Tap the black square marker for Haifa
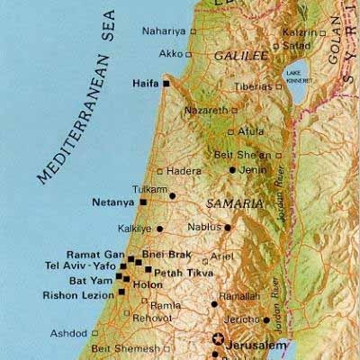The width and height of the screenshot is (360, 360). [x=166, y=83]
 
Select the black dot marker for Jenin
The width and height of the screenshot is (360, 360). [x=232, y=169]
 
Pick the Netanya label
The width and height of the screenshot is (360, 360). [x=112, y=203]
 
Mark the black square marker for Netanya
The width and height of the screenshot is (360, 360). [x=142, y=203]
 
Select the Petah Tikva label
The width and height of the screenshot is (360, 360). [x=175, y=270]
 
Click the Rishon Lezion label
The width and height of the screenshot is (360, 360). [x=77, y=295]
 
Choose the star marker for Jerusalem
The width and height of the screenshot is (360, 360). [x=216, y=340]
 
